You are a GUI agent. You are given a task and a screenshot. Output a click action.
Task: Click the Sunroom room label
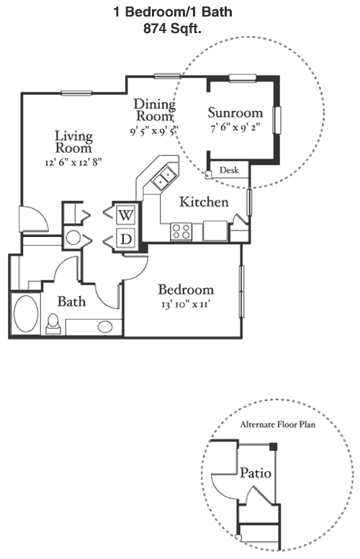tap(235, 112)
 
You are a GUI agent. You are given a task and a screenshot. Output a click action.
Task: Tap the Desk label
tap(229, 170)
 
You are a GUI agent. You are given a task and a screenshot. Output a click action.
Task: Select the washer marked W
tap(126, 215)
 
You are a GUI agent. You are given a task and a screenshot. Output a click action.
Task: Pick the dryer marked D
tap(126, 238)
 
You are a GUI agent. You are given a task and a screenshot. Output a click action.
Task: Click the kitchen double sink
tap(163, 177)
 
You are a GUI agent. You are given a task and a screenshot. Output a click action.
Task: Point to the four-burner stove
tap(181, 232)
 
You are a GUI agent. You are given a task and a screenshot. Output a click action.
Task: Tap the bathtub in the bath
tap(26, 314)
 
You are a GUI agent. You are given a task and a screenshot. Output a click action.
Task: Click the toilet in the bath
tap(53, 323)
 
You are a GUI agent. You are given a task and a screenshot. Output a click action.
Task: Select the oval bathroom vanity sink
tap(105, 326)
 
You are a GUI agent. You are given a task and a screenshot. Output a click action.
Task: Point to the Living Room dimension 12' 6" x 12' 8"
tap(73, 163)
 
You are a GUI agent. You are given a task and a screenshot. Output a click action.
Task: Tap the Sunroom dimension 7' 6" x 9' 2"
tap(235, 128)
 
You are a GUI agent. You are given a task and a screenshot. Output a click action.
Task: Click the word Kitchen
tap(204, 202)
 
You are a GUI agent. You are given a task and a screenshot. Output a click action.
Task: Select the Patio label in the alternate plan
tap(256, 473)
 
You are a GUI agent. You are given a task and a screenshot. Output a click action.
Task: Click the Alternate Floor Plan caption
tap(278, 424)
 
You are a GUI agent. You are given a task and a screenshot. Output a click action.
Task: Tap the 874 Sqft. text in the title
tap(173, 29)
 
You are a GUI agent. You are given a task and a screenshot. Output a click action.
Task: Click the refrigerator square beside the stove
tap(215, 231)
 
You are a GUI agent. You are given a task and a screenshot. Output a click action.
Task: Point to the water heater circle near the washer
tap(73, 238)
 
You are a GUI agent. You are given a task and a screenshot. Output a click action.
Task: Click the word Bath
tap(72, 302)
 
